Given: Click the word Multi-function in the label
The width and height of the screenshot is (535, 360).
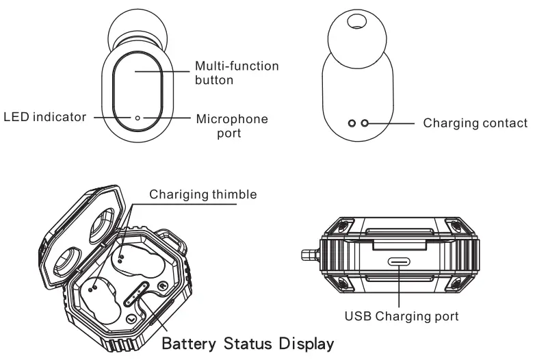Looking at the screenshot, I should click(x=237, y=66).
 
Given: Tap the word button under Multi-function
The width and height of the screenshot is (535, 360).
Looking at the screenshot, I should click(x=215, y=80).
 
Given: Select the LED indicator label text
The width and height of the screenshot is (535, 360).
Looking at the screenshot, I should click(x=45, y=117).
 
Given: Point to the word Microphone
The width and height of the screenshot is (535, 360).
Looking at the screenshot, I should click(x=232, y=119).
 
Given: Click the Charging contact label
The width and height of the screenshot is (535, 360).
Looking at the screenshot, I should click(x=475, y=123).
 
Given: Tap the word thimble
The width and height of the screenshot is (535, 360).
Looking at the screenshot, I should click(x=233, y=194).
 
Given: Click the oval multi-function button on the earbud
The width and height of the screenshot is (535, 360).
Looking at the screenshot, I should click(x=137, y=82).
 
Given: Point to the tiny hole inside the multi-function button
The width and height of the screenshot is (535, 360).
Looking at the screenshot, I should click(x=137, y=117).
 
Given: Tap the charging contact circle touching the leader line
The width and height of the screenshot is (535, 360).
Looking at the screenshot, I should click(x=365, y=123).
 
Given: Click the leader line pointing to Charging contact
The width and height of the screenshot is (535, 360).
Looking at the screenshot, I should click(x=393, y=123).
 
